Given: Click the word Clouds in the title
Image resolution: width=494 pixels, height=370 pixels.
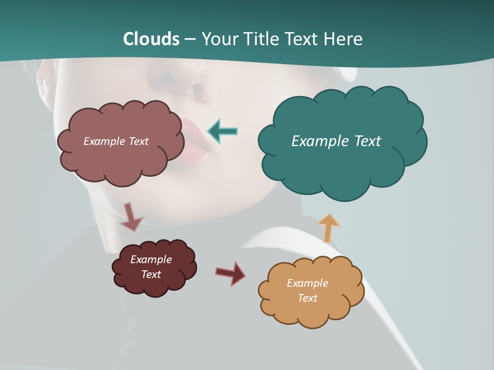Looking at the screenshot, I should [151, 39].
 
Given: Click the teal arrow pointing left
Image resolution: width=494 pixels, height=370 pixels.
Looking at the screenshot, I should [222, 131].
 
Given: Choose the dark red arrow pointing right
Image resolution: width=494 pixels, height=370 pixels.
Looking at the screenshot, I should [231, 273].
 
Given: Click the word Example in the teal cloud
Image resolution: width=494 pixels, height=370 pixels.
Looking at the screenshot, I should [317, 141].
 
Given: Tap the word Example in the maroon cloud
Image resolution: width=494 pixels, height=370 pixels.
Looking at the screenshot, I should [151, 260].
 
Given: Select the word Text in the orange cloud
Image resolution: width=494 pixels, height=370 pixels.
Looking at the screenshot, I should [307, 298].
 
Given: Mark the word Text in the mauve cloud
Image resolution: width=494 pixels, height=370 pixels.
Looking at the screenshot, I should [137, 141].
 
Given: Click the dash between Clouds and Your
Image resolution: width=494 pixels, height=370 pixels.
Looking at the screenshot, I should [190, 40].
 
